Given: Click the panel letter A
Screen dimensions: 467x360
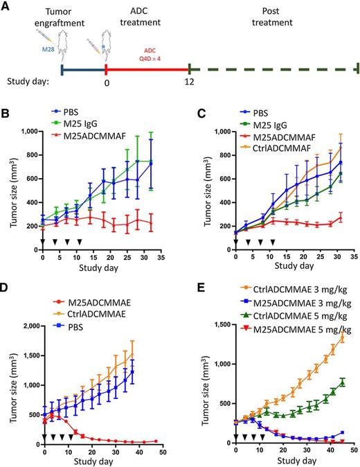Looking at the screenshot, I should [x=6, y=6].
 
